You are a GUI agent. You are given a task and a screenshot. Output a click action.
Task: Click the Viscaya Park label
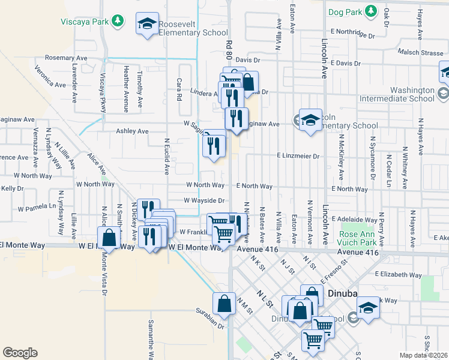pyautogui.click(x=84, y=22)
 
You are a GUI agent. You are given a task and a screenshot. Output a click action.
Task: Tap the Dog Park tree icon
pyautogui.click(x=372, y=11)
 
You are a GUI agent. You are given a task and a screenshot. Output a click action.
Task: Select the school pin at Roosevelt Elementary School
pyautogui.click(x=147, y=25)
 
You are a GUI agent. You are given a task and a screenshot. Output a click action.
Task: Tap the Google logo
pyautogui.click(x=20, y=353)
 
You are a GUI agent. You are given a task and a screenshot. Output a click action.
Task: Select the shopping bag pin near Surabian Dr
pyautogui.click(x=224, y=304)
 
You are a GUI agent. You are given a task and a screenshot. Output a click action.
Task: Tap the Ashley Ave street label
pyautogui.click(x=132, y=131)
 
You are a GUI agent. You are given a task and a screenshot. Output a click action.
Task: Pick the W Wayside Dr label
pyautogui.click(x=204, y=201)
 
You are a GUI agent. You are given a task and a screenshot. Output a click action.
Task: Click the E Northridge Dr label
pyautogui.click(x=351, y=31)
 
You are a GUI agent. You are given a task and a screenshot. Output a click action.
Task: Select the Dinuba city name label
pyautogui.click(x=343, y=293)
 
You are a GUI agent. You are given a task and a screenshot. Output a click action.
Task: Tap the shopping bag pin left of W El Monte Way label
pyautogui.click(x=110, y=237)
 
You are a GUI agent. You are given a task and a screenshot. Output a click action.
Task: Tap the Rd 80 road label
pyautogui.click(x=229, y=48)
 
